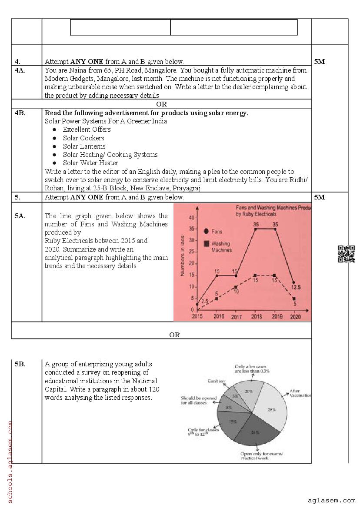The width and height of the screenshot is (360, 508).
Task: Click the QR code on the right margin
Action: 346,254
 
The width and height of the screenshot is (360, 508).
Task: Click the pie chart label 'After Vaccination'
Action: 300,393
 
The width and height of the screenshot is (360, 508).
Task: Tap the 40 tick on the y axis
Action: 192,217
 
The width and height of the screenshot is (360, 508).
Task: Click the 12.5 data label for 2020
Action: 296,288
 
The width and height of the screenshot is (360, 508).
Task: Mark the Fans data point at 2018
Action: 255,229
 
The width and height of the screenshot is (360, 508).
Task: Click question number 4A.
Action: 20,70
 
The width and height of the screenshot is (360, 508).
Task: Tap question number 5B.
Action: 20,364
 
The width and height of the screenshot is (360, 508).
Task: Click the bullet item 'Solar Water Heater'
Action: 90,163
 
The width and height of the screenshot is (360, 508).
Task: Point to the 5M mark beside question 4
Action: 320,62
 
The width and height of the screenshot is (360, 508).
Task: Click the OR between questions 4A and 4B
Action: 161,104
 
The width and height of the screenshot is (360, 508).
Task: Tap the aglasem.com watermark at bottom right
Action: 331,500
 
